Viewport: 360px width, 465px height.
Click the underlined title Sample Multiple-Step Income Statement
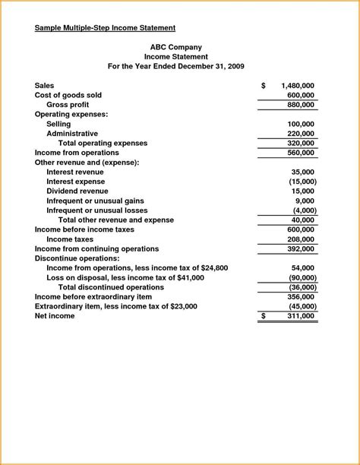106,28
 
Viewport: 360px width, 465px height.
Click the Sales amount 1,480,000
298,86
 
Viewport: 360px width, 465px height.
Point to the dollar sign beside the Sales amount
264,86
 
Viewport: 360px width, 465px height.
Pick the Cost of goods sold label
68,95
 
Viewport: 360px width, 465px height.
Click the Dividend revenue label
77,191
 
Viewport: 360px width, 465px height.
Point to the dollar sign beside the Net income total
264,315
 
